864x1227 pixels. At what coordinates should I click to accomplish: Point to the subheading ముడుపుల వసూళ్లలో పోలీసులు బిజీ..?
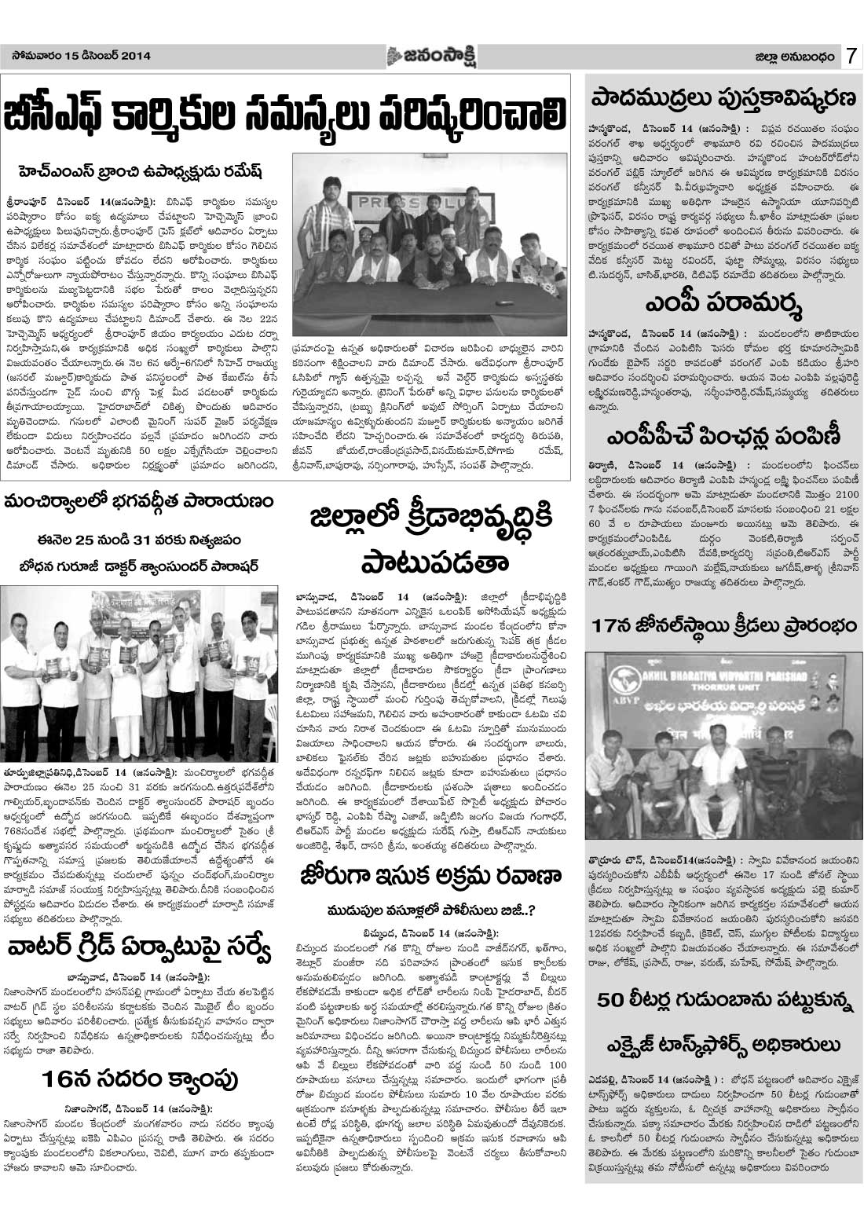(430, 912)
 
